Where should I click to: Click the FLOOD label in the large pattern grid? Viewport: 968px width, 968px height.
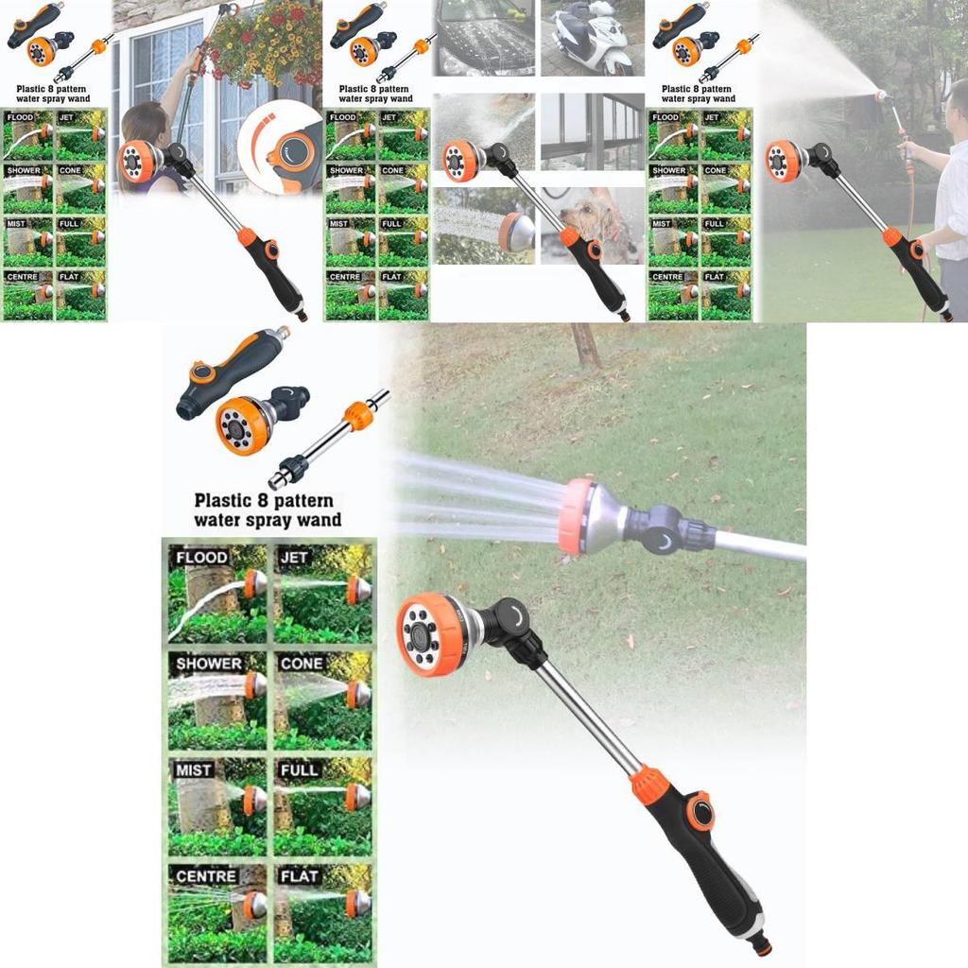(x=201, y=558)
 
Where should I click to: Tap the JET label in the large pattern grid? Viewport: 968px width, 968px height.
(x=294, y=558)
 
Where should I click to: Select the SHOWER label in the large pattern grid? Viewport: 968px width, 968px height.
(x=209, y=664)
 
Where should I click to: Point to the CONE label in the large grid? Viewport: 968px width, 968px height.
(x=302, y=664)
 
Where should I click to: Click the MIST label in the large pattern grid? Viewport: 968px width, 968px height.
(x=193, y=770)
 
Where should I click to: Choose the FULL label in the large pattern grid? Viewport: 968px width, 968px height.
(x=299, y=770)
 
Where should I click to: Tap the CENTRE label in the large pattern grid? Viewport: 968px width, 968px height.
(x=206, y=876)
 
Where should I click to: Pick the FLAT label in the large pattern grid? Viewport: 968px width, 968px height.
(x=299, y=876)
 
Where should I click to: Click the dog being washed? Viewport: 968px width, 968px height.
(x=591, y=222)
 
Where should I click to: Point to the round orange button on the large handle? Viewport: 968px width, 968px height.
(x=700, y=811)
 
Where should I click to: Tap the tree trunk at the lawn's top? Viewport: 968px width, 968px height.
(x=585, y=345)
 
